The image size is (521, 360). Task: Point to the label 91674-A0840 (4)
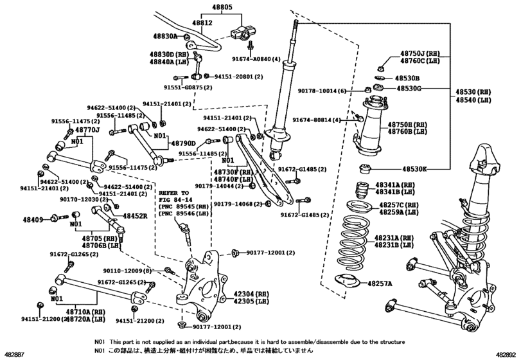[x=254, y=59]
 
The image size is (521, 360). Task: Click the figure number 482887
[x=15, y=354]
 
